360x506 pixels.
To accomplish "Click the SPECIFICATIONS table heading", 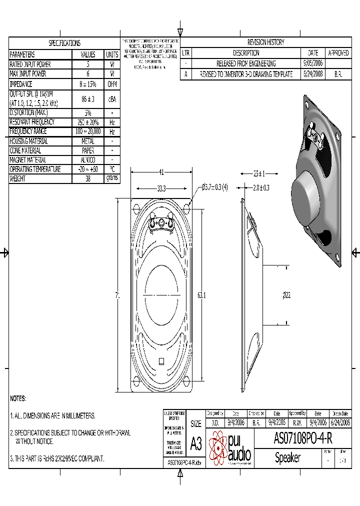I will (x=64, y=43).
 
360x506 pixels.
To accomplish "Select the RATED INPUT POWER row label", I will (x=30, y=64).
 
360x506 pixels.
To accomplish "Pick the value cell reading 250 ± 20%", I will (x=87, y=122).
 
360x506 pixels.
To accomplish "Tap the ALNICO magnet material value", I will (x=87, y=160).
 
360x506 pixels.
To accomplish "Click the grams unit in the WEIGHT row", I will (x=112, y=178).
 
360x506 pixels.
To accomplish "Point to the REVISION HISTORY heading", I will (x=265, y=42).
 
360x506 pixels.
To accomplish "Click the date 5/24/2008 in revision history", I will (x=313, y=74).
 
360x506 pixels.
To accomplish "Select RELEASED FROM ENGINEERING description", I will (x=245, y=63).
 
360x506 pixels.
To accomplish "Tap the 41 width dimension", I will (x=161, y=172).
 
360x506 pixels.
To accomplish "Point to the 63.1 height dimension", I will (x=201, y=296).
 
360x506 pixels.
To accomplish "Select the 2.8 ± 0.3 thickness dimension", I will (x=260, y=187).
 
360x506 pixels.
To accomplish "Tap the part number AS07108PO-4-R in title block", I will (x=303, y=438).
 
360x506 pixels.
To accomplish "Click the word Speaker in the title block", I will (x=287, y=457).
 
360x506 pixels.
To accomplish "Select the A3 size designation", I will (x=196, y=443).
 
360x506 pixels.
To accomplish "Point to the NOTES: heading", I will (x=18, y=398).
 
